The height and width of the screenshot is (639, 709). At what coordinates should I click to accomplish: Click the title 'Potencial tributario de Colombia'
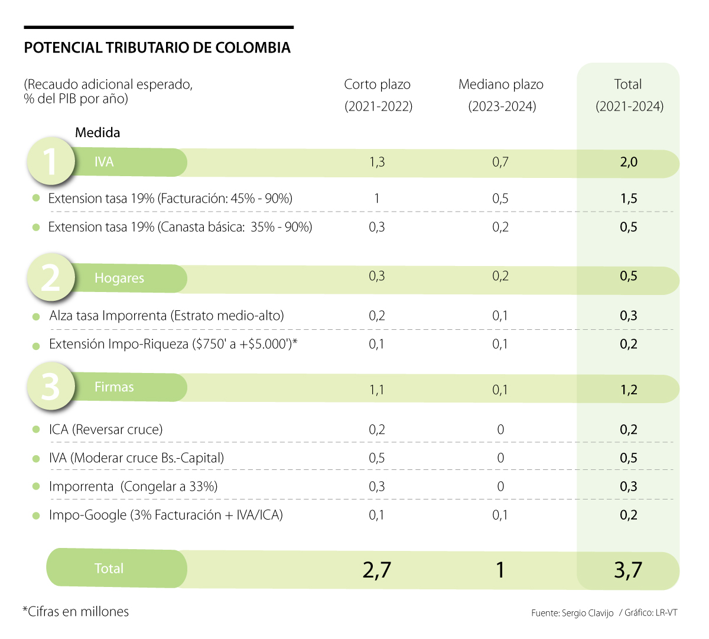pos(157,48)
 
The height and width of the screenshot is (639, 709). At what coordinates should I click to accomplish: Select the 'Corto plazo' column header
pos(378,85)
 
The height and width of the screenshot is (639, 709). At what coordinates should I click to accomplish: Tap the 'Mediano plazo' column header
pos(501,85)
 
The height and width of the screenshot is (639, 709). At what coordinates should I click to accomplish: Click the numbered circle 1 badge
pos(51,161)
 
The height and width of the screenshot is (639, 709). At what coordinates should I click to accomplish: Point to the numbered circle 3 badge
pos(51,387)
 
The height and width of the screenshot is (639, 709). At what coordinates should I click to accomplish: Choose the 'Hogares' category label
pos(119,278)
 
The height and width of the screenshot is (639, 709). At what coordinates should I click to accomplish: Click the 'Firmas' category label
pos(114,387)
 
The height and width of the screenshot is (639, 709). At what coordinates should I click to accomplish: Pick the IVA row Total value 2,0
pos(629,162)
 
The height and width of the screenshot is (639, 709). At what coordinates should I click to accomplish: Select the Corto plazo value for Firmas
pos(377,390)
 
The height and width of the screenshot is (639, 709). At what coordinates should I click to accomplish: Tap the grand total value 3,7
pos(627,570)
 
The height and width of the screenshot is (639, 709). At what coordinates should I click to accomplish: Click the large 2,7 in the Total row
pos(377,570)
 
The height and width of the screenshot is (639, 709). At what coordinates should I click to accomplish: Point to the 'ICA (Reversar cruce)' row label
pos(106,430)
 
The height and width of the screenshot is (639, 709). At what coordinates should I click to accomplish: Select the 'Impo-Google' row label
pos(166,515)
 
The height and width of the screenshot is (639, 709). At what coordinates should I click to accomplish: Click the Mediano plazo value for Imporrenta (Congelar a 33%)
pos(500,486)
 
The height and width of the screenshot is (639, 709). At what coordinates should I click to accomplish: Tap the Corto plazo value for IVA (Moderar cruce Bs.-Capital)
pos(377,458)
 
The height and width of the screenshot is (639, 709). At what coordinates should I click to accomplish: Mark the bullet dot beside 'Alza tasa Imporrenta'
pos(37,317)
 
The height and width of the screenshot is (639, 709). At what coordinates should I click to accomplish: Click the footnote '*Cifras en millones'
pos(76,612)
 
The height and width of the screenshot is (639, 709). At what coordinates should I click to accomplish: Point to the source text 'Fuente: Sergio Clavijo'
pos(572,613)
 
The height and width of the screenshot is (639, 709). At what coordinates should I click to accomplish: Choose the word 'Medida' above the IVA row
pos(97,132)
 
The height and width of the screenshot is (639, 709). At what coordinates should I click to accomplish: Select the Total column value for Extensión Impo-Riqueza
pos(629,344)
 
